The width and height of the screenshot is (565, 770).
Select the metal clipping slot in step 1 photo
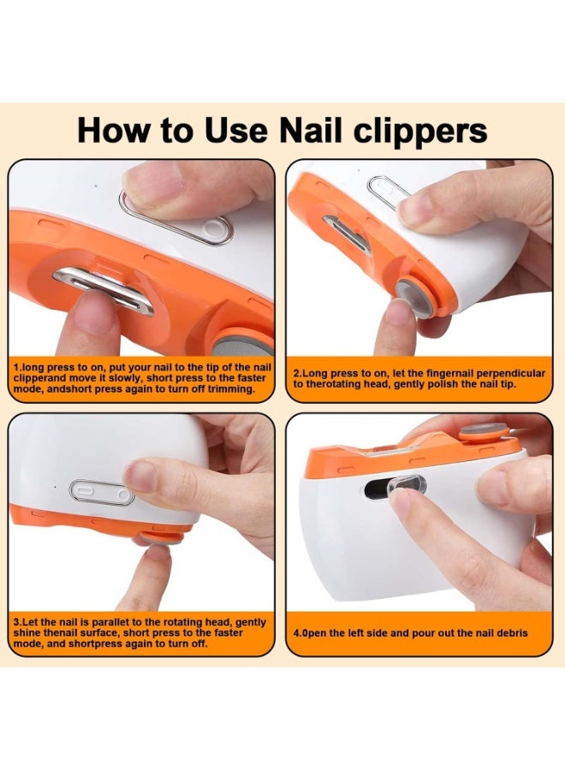(103, 288)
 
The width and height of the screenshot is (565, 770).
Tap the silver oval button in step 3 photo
(102, 492)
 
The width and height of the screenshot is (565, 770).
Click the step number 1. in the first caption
(18, 366)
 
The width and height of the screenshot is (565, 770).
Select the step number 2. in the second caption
(298, 373)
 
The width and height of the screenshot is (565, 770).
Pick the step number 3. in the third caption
(18, 622)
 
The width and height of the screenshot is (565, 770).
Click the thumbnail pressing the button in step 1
(155, 182)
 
